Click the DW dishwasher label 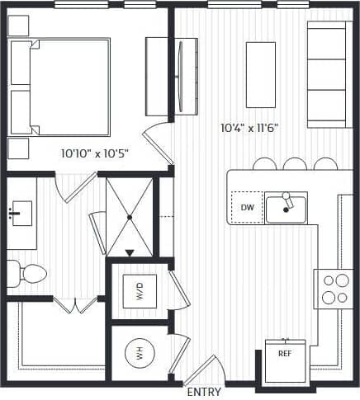pos(246,208)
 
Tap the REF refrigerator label pos(284,353)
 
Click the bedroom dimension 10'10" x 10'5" pos(94,153)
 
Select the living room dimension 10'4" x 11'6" pos(249,128)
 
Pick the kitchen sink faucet pos(286,203)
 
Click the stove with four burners pos(334,288)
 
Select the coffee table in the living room pos(259,68)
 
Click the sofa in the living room pos(325,73)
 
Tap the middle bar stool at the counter pos(295,164)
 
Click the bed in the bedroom pos(59,86)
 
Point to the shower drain pos(130,217)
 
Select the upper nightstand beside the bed pos(18,26)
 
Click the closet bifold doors pos(75,307)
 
